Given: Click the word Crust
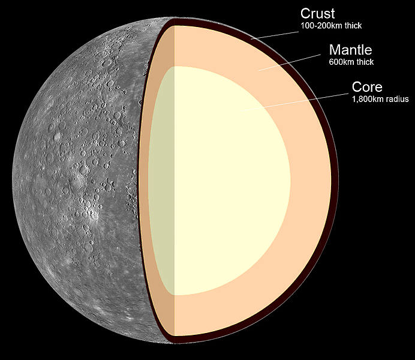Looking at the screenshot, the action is (x=318, y=13).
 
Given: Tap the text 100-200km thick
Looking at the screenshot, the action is (x=331, y=26).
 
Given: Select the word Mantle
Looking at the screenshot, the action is (x=351, y=50).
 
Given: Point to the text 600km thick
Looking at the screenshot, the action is (x=351, y=62).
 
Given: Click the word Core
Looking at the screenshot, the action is (x=367, y=87).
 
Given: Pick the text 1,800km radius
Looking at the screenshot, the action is (x=380, y=99).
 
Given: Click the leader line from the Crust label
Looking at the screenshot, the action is (x=275, y=35).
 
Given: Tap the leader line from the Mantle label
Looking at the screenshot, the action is (x=290, y=63).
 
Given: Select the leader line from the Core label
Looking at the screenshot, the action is (x=295, y=101).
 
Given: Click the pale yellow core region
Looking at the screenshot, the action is (x=228, y=181).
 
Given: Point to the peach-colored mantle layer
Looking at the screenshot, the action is (x=309, y=185).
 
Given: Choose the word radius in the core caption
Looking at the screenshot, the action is (x=398, y=99).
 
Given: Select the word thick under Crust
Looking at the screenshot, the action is (x=353, y=26).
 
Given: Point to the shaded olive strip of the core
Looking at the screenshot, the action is (x=161, y=181).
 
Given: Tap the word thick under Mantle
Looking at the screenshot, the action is (x=365, y=62).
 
